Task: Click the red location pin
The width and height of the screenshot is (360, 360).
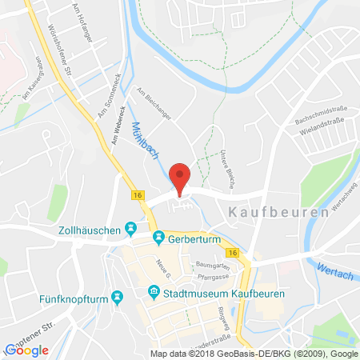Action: point(182,178)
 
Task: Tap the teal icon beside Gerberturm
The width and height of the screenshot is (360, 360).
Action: point(159,238)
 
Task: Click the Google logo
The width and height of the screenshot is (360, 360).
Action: point(26,350)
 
